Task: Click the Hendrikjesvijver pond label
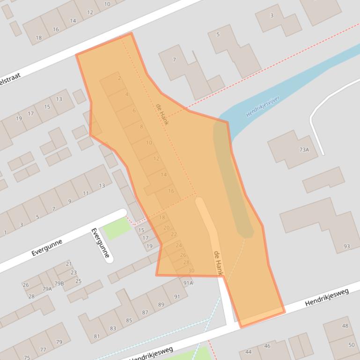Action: [263, 107]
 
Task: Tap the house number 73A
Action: [304, 150]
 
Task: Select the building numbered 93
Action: [347, 246]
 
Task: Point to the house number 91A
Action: [188, 283]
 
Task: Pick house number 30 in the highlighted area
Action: [191, 270]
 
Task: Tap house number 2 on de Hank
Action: [119, 78]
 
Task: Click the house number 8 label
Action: [141, 127]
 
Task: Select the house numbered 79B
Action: [59, 283]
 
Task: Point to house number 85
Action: [129, 321]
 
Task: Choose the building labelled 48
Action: [345, 326]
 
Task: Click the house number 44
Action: [248, 352]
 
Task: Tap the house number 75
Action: [27, 358]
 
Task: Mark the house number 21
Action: [69, 264]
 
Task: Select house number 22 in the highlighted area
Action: [174, 234]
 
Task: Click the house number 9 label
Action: [70, 202]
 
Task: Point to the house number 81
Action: [97, 336]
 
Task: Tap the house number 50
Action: [352, 345]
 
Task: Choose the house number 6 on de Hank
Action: [134, 111]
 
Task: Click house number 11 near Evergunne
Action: [86, 193]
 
